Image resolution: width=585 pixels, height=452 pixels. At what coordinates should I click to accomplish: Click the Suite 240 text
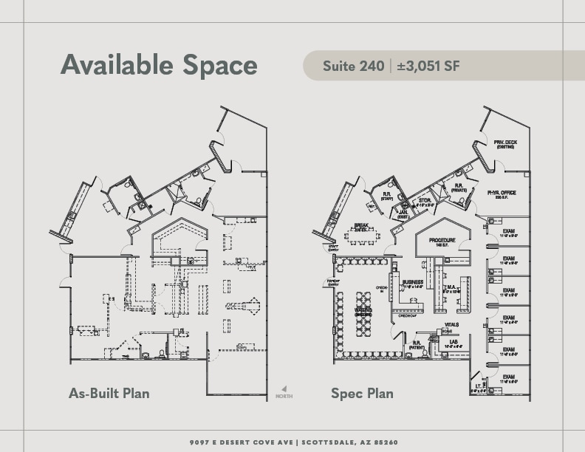click(353, 66)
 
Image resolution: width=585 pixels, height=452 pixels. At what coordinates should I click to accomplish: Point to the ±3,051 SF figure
click(428, 66)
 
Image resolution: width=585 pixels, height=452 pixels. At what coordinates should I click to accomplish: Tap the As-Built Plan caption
click(109, 392)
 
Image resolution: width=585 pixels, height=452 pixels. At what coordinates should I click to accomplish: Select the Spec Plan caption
click(362, 393)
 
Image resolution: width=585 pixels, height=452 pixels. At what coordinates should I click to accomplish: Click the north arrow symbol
click(284, 389)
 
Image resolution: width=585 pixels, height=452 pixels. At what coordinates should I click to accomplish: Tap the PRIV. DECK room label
click(505, 143)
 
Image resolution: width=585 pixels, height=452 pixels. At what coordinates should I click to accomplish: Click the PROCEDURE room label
click(441, 241)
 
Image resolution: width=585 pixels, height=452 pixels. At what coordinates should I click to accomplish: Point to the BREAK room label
click(361, 226)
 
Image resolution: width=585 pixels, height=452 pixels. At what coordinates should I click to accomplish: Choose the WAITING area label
click(363, 310)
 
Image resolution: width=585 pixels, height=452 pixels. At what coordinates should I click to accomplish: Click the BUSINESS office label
click(412, 282)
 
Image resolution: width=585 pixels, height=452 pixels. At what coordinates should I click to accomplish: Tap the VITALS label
click(452, 324)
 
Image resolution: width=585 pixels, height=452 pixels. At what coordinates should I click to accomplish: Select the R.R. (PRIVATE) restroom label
click(459, 188)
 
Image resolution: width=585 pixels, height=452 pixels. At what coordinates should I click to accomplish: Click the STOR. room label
click(424, 199)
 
